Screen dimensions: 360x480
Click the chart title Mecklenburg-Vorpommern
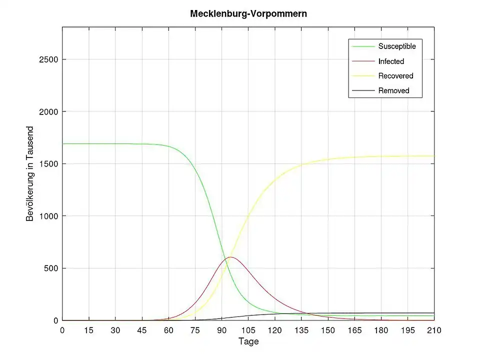[x=248, y=14]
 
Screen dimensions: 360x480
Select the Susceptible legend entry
[x=397, y=46]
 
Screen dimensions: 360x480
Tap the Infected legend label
[x=391, y=61]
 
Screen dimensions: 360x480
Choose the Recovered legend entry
[x=395, y=76]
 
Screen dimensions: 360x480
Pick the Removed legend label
[x=393, y=90]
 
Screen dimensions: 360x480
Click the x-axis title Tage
[x=248, y=341]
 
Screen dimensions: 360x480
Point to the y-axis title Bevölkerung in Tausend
[x=30, y=173]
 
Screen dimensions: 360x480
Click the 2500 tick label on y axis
[x=48, y=59]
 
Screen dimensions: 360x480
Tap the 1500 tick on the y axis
[x=48, y=164]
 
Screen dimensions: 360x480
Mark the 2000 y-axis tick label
[x=48, y=112]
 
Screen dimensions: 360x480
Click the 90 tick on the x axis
[x=221, y=330]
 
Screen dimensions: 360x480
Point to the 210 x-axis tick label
[x=434, y=330]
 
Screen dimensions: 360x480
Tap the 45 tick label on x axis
[x=142, y=330]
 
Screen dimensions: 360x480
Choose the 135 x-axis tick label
[x=301, y=330]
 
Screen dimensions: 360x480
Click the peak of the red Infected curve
[x=230, y=257]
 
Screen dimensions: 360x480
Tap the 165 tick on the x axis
[x=354, y=330]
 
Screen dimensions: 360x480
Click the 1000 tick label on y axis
[x=48, y=216]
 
